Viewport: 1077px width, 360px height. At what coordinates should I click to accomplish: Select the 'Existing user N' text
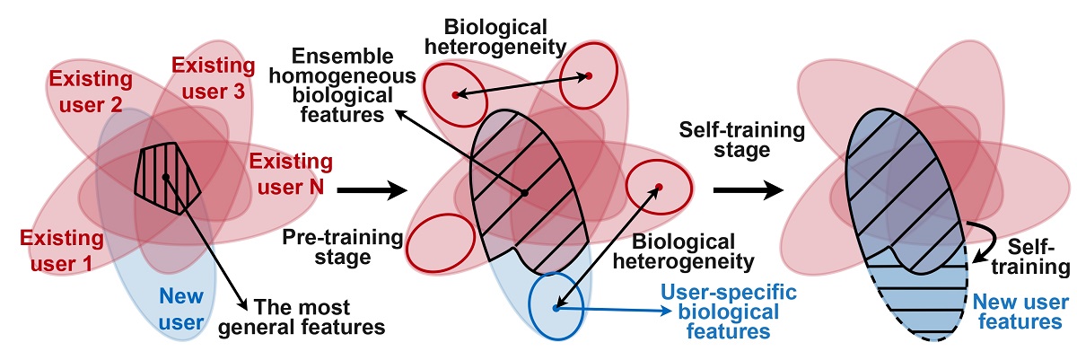(285, 175)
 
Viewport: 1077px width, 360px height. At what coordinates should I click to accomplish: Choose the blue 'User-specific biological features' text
(716, 312)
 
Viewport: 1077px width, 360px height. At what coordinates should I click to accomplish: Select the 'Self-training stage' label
(725, 140)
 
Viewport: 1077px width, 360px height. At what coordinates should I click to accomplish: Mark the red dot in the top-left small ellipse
(456, 94)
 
